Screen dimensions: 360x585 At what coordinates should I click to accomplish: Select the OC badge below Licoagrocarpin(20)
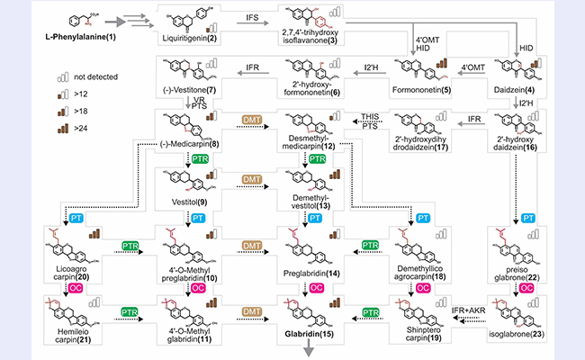pos(68,288)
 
